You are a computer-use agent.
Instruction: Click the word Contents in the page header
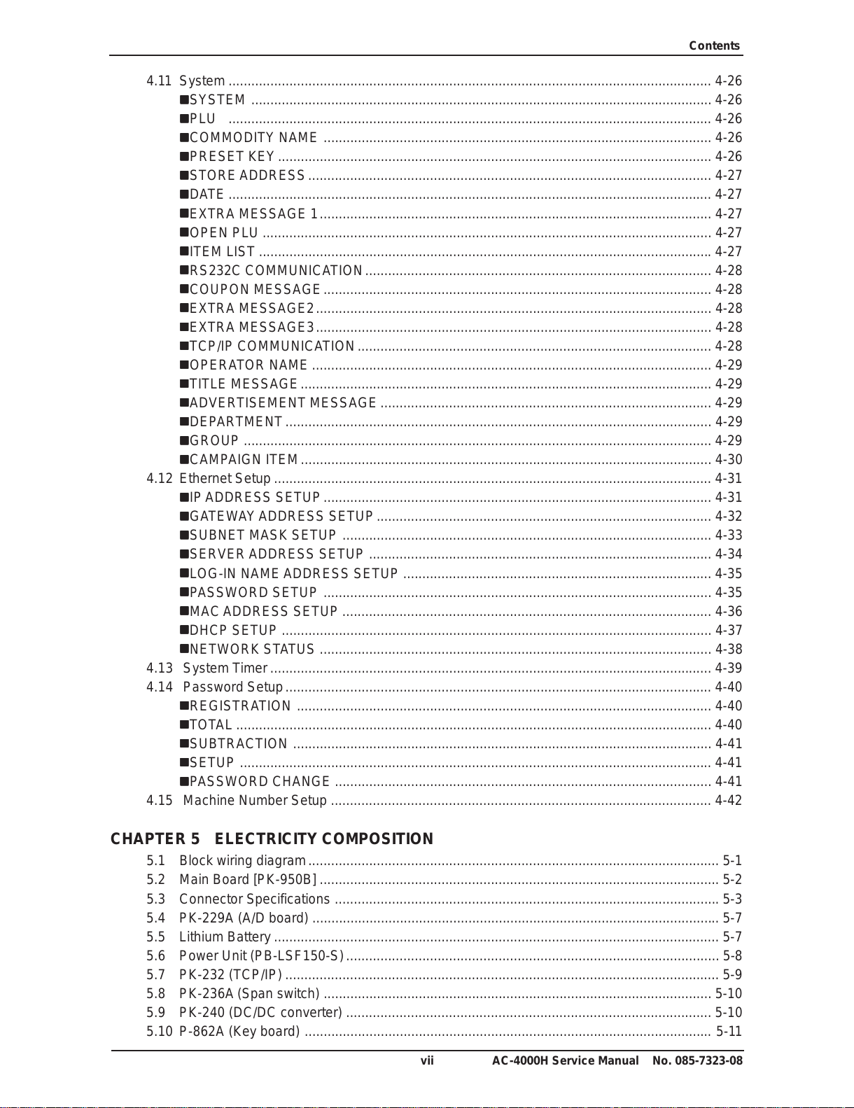(x=714, y=46)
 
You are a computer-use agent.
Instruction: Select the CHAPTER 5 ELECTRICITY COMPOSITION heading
(x=272, y=839)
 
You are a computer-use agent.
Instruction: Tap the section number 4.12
(x=159, y=479)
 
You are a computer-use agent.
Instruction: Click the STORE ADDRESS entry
(x=247, y=176)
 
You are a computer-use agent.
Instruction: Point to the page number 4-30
(x=728, y=460)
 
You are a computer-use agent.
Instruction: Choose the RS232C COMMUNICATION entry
(x=276, y=271)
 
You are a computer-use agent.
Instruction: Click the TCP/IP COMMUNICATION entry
(x=272, y=346)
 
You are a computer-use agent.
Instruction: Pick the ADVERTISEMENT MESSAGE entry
(x=283, y=403)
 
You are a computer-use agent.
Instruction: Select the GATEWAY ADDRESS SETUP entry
(x=281, y=517)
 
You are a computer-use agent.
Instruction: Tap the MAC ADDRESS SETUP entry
(x=263, y=612)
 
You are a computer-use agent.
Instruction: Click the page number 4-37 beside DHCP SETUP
(x=728, y=631)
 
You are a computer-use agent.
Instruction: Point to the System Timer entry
(x=225, y=668)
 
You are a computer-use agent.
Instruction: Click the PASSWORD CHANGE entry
(x=259, y=782)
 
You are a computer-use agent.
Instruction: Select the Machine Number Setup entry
(x=255, y=801)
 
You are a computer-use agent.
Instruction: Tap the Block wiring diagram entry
(x=242, y=861)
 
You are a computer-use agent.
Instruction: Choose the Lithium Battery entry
(x=225, y=937)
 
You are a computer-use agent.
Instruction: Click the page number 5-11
(x=729, y=1032)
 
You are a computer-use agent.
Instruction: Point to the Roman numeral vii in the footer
(x=427, y=1061)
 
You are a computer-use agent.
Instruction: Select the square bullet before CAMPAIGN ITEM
(x=184, y=460)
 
